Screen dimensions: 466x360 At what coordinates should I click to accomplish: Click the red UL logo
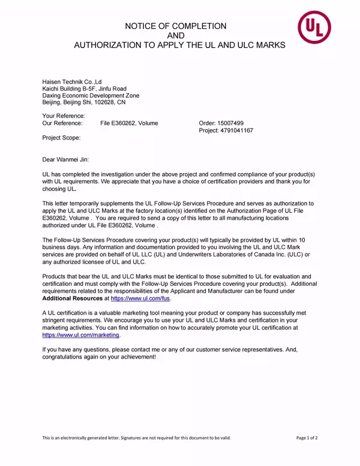coord(317,28)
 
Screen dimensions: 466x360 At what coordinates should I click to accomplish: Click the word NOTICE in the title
coord(142,26)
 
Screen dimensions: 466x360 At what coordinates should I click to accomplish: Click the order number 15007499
coord(232,123)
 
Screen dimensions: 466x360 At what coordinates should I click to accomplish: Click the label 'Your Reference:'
coord(63,116)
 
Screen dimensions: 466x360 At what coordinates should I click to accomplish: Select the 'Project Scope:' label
coord(61,138)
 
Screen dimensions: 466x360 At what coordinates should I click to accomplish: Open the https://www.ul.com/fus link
coord(141,298)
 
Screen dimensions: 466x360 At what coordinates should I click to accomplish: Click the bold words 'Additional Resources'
coord(72,298)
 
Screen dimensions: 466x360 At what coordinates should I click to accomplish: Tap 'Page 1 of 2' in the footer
coord(307,438)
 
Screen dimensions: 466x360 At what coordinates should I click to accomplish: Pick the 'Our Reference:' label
coord(62,123)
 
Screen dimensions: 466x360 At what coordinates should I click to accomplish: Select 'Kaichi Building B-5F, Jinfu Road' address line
coord(84,88)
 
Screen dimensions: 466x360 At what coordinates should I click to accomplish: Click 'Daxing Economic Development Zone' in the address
coord(91,95)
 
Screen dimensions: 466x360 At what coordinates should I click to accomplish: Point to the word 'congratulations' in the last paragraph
coord(65,357)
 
